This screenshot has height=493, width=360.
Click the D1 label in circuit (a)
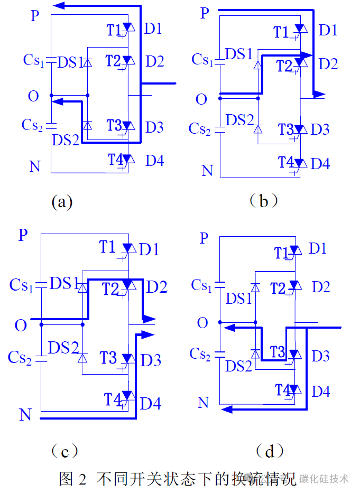(153, 29)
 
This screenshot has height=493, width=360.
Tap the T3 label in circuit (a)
(114, 125)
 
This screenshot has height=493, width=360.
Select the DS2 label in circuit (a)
(66, 140)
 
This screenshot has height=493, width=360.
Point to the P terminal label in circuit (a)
(35, 15)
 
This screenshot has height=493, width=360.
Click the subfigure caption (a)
(62, 201)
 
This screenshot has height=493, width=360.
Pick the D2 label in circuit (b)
(328, 64)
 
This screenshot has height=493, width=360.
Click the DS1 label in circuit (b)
(239, 54)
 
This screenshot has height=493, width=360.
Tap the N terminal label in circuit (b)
(207, 171)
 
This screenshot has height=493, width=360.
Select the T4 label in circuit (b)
(286, 162)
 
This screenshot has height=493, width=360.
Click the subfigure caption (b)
(264, 201)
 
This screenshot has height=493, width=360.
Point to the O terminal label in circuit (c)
(21, 325)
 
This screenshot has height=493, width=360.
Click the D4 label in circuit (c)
(151, 404)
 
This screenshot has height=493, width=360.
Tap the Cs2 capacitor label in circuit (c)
(20, 358)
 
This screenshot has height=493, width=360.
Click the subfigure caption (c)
(64, 451)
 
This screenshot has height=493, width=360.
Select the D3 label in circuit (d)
(321, 356)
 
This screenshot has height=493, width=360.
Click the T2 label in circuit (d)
(278, 289)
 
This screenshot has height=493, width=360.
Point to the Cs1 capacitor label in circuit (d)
(201, 285)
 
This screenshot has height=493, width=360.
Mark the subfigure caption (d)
(270, 451)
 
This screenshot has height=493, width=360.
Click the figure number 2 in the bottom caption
(82, 479)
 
